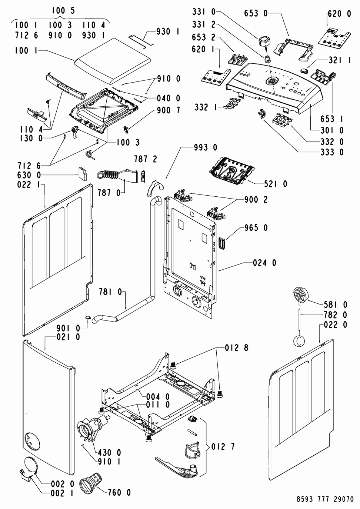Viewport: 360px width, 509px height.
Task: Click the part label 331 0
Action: pos(204,12)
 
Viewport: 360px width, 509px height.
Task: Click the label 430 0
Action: pos(110,453)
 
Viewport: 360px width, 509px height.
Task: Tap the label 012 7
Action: pos(223,447)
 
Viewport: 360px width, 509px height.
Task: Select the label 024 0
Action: pos(265,263)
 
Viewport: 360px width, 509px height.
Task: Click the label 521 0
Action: pos(276,184)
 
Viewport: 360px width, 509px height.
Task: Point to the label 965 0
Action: pos(256,228)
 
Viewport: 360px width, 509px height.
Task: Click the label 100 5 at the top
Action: pos(63,11)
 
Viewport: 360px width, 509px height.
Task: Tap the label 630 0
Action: pos(29,175)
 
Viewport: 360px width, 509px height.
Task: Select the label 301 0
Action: pos(332,130)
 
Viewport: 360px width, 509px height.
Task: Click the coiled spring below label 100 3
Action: pos(89,154)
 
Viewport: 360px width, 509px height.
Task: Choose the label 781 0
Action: pos(111,292)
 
